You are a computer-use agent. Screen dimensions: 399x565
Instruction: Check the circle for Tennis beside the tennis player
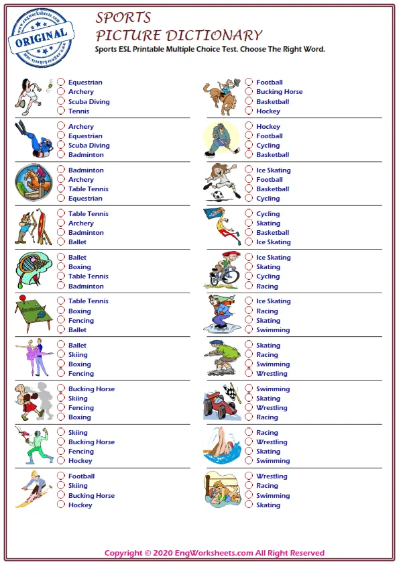tap(61, 111)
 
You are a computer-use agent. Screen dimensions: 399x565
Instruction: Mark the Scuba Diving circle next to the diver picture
tap(61, 146)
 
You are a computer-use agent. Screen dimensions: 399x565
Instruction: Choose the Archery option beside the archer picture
tap(61, 223)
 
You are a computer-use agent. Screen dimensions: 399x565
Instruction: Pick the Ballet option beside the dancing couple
tap(61, 346)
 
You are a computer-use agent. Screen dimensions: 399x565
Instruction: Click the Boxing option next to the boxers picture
tap(61, 417)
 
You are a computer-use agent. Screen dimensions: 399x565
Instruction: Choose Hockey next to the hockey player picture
tap(249, 127)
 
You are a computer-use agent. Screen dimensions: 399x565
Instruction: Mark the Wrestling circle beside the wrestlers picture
tap(249, 476)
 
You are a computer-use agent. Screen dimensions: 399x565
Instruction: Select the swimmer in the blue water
tap(222, 446)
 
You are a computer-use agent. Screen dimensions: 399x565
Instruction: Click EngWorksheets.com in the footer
tap(213, 553)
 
